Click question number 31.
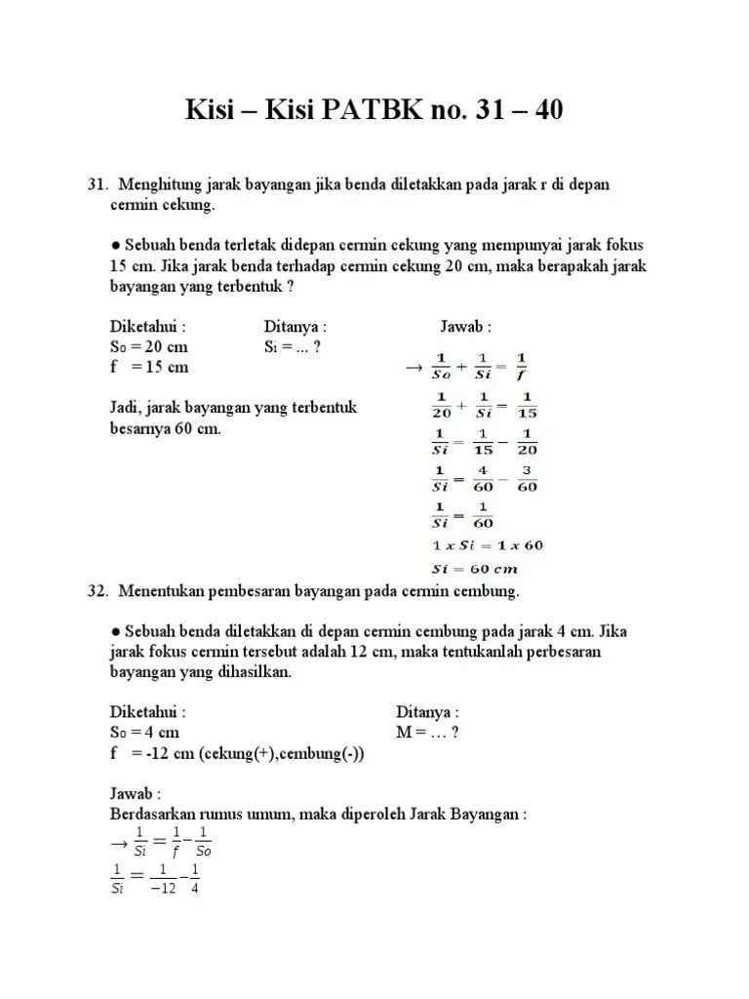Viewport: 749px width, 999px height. pyautogui.click(x=97, y=184)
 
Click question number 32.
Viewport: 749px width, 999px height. pyautogui.click(x=97, y=591)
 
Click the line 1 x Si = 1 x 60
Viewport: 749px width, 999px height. pyautogui.click(x=487, y=545)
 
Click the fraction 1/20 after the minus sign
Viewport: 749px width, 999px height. pyautogui.click(x=526, y=442)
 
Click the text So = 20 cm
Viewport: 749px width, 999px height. pyautogui.click(x=148, y=347)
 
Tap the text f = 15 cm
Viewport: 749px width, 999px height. pyautogui.click(x=148, y=368)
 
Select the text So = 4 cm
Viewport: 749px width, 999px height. pyautogui.click(x=143, y=732)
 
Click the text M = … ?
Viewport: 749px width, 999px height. pyautogui.click(x=427, y=732)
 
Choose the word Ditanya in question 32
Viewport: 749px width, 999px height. pyautogui.click(x=427, y=712)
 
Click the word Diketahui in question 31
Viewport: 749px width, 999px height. pyautogui.click(x=147, y=327)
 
